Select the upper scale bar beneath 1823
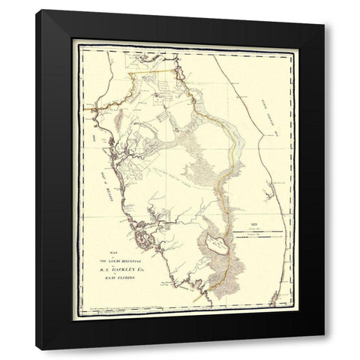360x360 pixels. click(x=259, y=232)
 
